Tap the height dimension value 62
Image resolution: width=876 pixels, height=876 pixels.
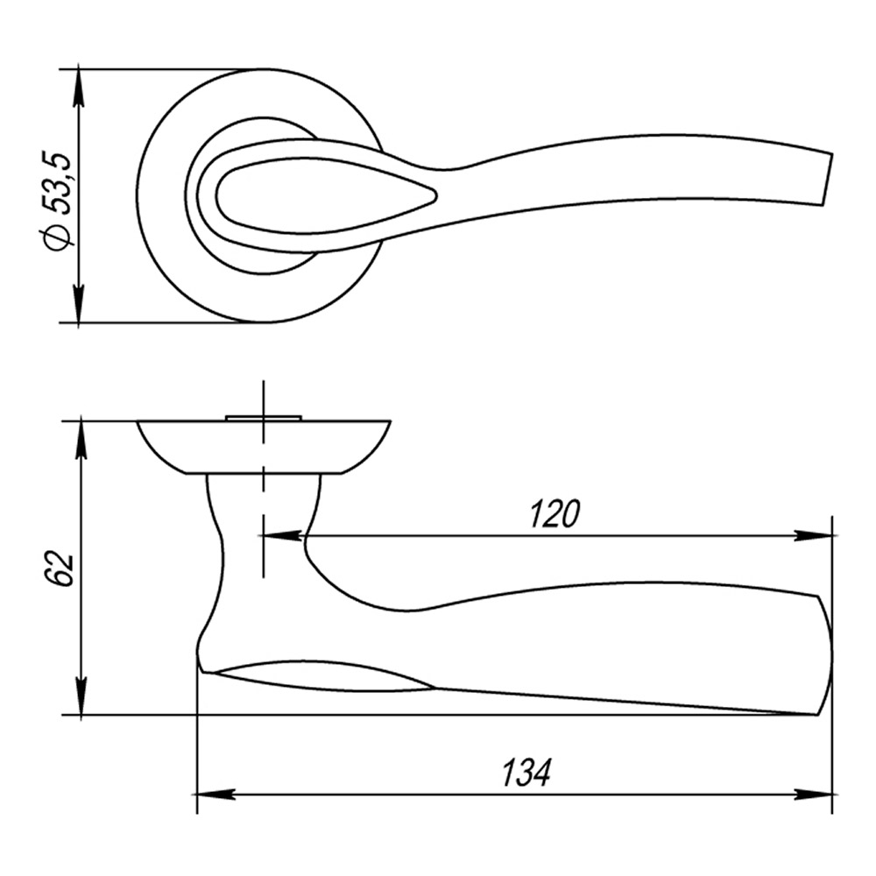[60, 569]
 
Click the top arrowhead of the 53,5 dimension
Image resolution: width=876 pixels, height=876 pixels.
[79, 86]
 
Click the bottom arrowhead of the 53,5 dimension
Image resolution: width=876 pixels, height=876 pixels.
[79, 304]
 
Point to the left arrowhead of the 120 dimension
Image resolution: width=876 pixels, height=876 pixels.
[279, 536]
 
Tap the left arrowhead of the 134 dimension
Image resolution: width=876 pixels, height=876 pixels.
[215, 795]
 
